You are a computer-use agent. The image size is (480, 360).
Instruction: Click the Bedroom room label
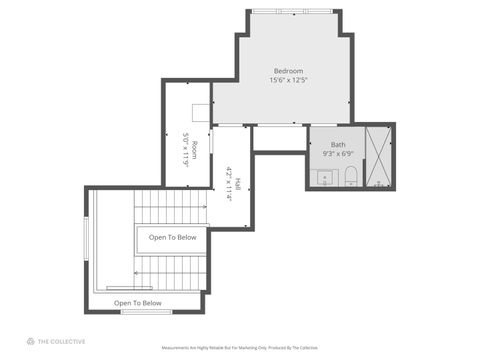(x=289, y=70)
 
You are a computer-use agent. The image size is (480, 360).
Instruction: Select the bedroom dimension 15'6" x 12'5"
(x=289, y=80)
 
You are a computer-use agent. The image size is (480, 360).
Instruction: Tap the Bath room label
(x=338, y=144)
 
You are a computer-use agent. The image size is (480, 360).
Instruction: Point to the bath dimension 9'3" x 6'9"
(x=338, y=154)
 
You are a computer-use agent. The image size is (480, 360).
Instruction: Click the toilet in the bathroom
(x=351, y=179)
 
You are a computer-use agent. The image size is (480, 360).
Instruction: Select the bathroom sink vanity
(x=325, y=179)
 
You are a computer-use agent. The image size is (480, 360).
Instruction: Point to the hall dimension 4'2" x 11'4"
(x=229, y=185)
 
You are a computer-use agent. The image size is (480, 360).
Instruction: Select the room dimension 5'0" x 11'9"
(x=185, y=150)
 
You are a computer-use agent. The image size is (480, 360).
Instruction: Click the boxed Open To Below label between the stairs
(x=172, y=238)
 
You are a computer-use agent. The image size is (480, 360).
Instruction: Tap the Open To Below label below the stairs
(x=137, y=302)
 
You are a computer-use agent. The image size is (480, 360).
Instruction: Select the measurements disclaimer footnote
(x=240, y=348)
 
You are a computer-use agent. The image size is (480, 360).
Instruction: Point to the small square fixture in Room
(x=200, y=112)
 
